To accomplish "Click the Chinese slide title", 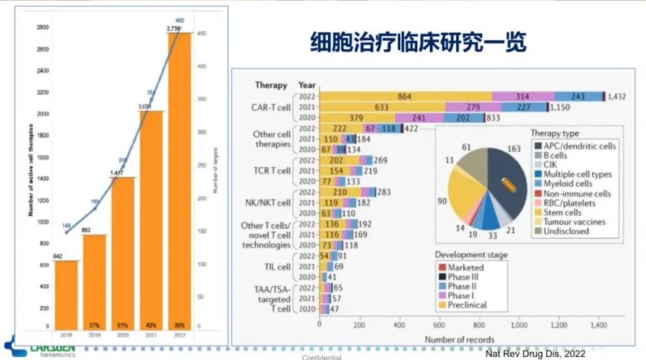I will (417, 42).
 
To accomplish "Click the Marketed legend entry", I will (466, 267).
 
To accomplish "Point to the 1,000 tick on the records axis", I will (519, 325).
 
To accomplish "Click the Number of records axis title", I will (459, 339).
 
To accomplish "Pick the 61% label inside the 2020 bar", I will (123, 326).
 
